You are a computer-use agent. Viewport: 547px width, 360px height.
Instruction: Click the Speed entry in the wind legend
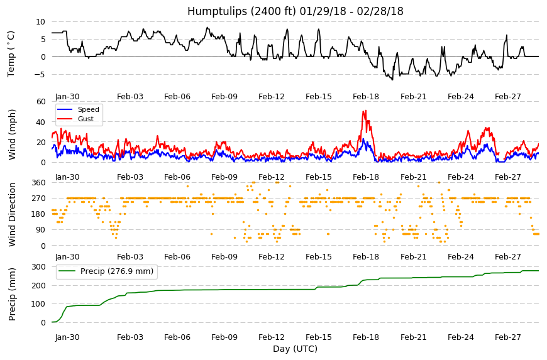pyautogui.click(x=88, y=109)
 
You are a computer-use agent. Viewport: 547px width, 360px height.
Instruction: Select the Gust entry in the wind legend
pyautogui.click(x=86, y=119)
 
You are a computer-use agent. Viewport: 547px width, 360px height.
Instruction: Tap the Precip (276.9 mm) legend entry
pyautogui.click(x=117, y=271)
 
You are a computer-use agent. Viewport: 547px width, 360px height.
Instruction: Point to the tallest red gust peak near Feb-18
pyautogui.click(x=365, y=111)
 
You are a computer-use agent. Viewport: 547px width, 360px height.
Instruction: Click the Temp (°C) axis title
pyautogui.click(x=11, y=54)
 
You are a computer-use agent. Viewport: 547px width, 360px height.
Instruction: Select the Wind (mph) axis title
pyautogui.click(x=12, y=134)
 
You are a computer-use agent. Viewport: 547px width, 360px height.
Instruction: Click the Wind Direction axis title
pyautogui.click(x=12, y=214)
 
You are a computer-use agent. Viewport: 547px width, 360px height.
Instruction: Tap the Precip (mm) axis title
pyautogui.click(x=12, y=294)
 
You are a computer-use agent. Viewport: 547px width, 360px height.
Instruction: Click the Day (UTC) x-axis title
pyautogui.click(x=295, y=349)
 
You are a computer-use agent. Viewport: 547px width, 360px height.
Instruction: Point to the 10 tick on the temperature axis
pyautogui.click(x=40, y=21)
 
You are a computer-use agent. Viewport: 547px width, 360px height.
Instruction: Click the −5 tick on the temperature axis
pyautogui.click(x=40, y=75)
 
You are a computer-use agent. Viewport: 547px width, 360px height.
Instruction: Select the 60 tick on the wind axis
pyautogui.click(x=41, y=101)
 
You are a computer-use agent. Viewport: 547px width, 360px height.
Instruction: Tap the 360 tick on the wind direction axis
pyautogui.click(x=39, y=183)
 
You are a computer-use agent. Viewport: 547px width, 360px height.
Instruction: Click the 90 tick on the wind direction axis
pyautogui.click(x=41, y=230)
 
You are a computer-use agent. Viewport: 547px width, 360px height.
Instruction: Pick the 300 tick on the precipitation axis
pyautogui.click(x=39, y=267)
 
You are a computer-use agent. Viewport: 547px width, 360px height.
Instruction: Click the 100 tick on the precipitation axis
pyautogui.click(x=39, y=304)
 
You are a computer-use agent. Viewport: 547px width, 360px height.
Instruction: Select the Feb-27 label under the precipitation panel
pyautogui.click(x=507, y=337)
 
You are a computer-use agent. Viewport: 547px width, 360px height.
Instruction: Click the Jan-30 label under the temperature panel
pyautogui.click(x=67, y=97)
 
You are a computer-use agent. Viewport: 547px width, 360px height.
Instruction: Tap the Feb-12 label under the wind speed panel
pyautogui.click(x=272, y=177)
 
